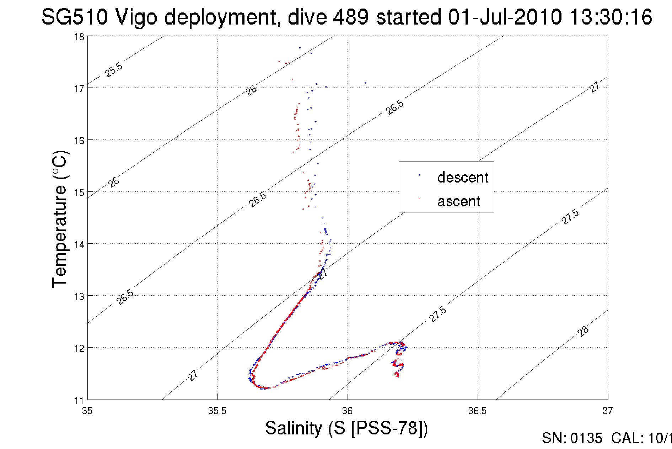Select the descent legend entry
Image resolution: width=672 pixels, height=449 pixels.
tap(462, 177)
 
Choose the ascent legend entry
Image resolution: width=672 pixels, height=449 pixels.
tap(458, 201)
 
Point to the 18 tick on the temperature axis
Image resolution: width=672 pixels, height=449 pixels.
tap(79, 37)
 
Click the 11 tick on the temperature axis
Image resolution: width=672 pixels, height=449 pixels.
tap(79, 401)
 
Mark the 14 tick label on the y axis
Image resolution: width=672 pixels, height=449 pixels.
tap(79, 244)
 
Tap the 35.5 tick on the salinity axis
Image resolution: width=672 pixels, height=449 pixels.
tap(217, 411)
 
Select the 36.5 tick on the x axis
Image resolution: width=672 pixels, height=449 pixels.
tap(477, 411)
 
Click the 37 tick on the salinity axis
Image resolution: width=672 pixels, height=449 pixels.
tap(607, 411)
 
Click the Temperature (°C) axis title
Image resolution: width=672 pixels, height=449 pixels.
tap(59, 219)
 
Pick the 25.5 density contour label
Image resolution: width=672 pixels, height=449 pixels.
tap(114, 70)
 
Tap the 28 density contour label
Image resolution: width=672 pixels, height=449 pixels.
tap(583, 331)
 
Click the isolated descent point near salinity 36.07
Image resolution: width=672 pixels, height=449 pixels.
tap(365, 83)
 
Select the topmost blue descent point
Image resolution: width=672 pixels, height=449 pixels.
tap(300, 48)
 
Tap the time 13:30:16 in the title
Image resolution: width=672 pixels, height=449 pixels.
tap(611, 17)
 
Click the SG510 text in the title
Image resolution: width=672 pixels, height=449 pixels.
tap(74, 17)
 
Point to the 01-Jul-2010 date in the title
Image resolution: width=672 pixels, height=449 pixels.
tap(505, 17)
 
